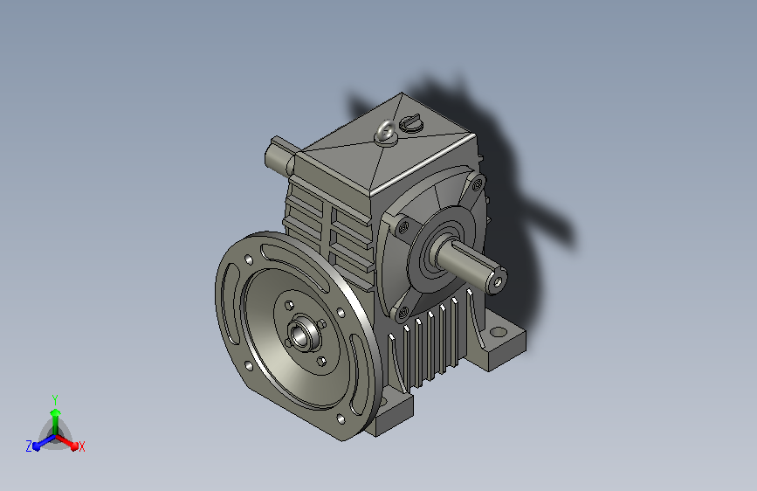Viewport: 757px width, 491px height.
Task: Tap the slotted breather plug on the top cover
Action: [x=411, y=122]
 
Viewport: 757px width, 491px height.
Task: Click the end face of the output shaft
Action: [x=497, y=281]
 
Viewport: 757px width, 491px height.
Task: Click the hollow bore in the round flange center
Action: [x=300, y=335]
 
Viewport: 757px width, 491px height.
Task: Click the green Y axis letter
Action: [x=55, y=400]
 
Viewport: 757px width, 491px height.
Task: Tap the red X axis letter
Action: [x=81, y=447]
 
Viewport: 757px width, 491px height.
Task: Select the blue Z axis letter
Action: [x=29, y=446]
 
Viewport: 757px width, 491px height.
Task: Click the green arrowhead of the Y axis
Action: [x=56, y=413]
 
